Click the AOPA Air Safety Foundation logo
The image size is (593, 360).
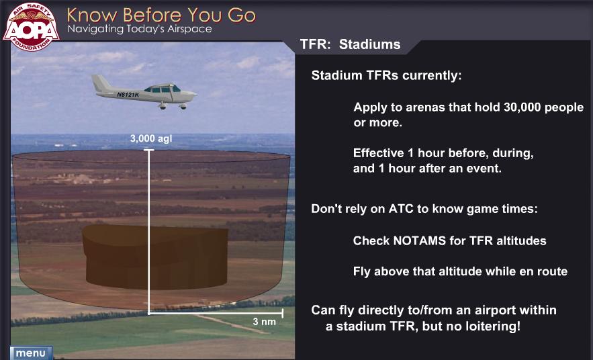(31, 26)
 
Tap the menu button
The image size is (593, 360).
(31, 353)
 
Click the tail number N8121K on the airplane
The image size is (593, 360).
(128, 94)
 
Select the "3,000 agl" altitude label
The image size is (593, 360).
(151, 139)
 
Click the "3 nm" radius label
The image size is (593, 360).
(265, 322)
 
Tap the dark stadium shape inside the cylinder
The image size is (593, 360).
(155, 257)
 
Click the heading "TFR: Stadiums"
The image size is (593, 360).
(350, 44)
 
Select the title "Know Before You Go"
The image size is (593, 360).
(161, 15)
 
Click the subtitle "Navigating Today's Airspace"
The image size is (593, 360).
(140, 29)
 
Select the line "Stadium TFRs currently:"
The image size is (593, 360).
(387, 76)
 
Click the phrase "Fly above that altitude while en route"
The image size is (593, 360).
(460, 271)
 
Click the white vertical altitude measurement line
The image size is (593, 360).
(149, 232)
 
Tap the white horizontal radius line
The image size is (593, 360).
(216, 313)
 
